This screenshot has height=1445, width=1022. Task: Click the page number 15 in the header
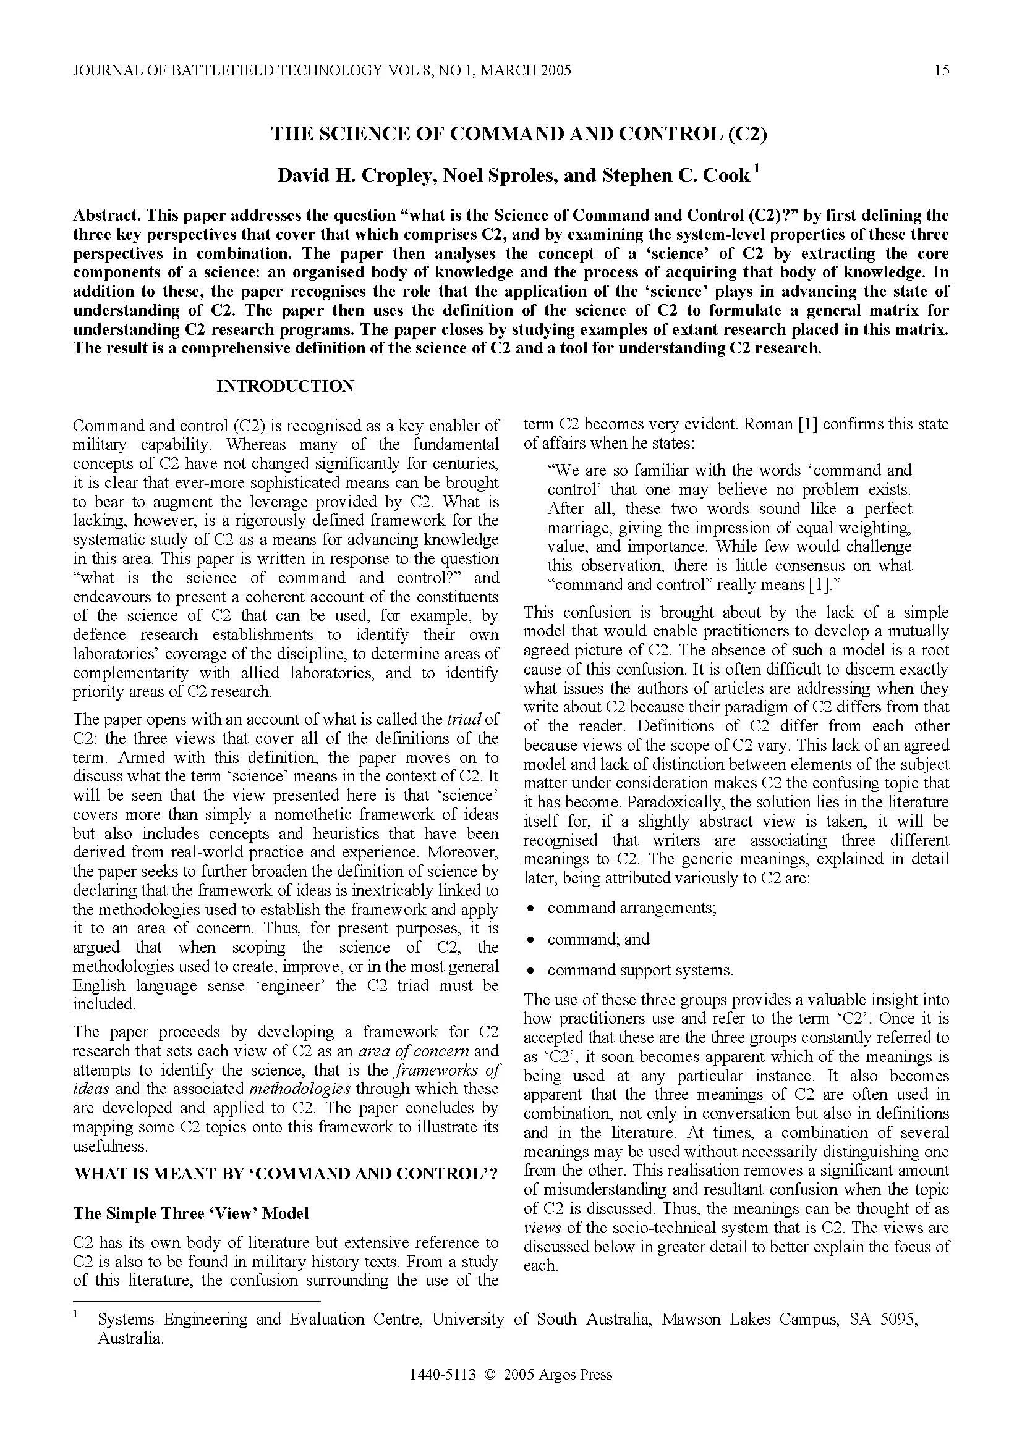tap(942, 70)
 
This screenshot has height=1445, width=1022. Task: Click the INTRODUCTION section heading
tap(285, 385)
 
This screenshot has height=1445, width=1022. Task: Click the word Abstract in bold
tap(105, 215)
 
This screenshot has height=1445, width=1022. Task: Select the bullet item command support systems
tap(641, 970)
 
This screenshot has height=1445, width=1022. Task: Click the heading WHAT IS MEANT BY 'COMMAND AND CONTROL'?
tap(286, 1174)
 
